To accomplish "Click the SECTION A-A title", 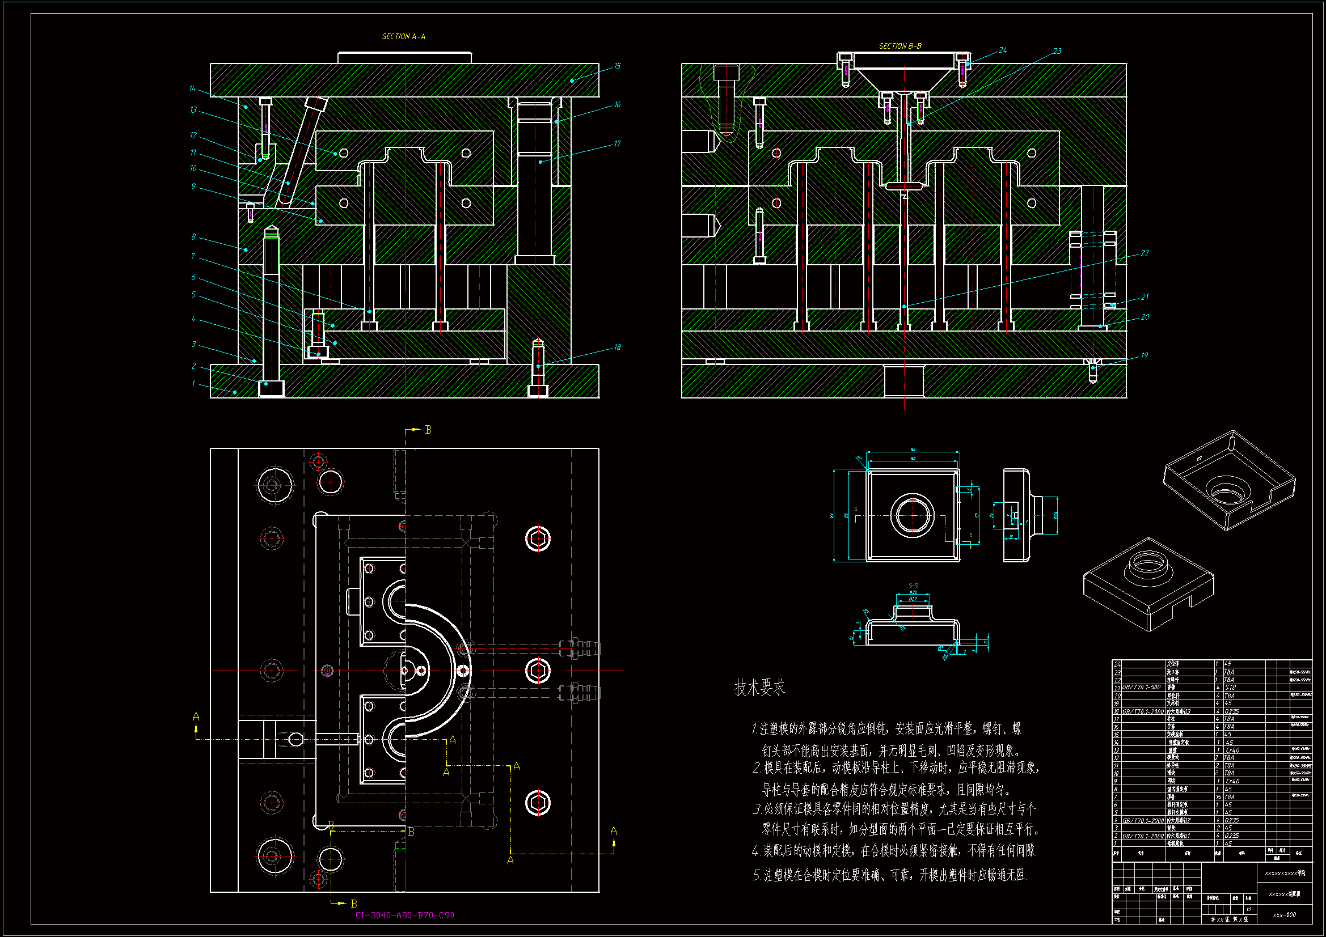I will [x=403, y=36].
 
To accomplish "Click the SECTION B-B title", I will [x=900, y=46].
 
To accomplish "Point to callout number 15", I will [x=617, y=66].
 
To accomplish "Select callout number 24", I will [x=1003, y=50].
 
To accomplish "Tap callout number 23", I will [x=1057, y=52].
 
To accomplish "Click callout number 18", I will [x=617, y=347].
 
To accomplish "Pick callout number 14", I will [x=192, y=89].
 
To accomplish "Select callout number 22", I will [x=1145, y=253].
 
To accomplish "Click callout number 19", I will [x=1144, y=355].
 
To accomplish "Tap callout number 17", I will [x=617, y=144].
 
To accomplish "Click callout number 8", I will [x=193, y=238].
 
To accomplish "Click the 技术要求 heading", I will [x=759, y=688].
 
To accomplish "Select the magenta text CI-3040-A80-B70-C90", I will [x=404, y=915].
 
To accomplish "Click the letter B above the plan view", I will [x=428, y=430].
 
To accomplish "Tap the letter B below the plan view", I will [x=354, y=904].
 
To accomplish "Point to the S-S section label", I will [x=913, y=586].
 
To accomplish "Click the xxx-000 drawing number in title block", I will [x=1285, y=915].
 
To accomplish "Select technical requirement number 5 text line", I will [x=889, y=875].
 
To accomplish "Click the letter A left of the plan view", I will [x=196, y=717].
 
